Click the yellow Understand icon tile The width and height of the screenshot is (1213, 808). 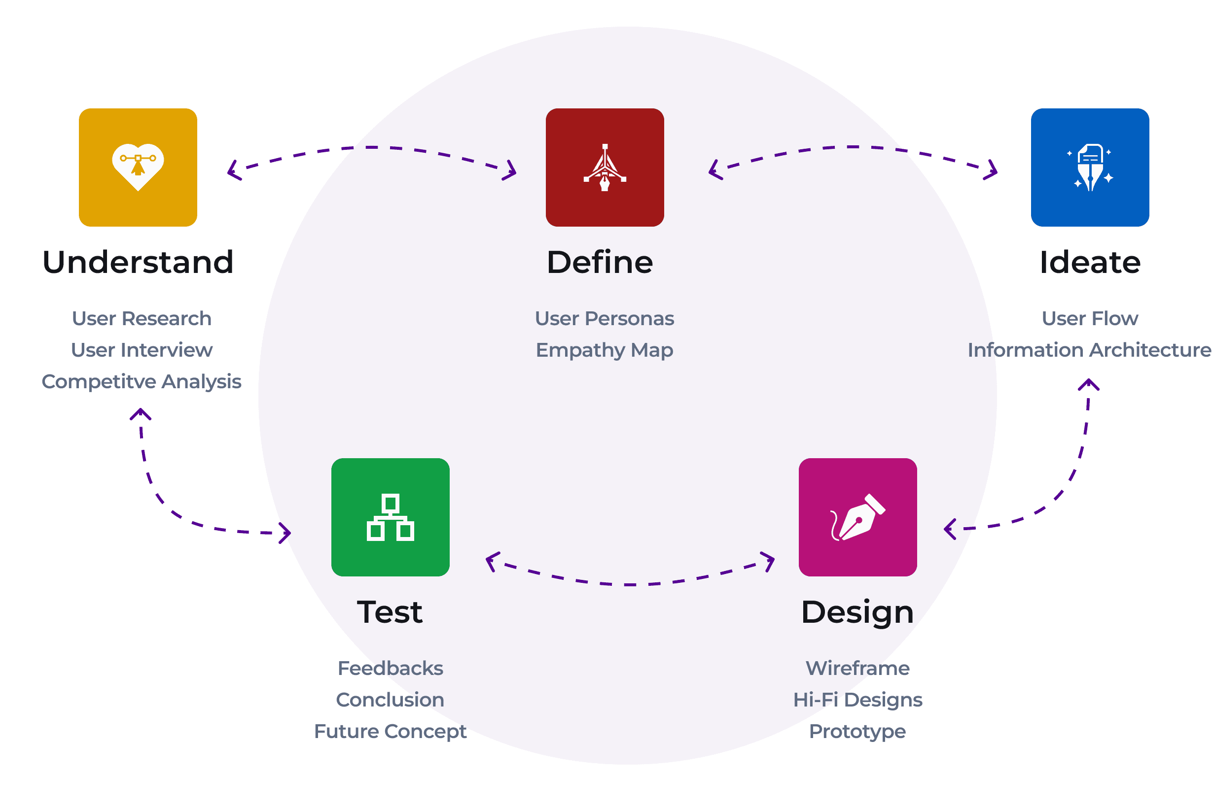point(138,168)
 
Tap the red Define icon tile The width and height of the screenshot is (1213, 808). point(605,168)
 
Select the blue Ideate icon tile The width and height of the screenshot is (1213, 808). point(1090,168)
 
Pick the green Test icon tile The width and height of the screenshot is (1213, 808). point(391,517)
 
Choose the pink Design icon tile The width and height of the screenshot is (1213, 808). point(857,517)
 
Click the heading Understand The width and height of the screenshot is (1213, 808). point(138,262)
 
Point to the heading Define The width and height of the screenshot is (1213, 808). point(600,262)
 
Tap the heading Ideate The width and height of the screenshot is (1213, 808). point(1090,262)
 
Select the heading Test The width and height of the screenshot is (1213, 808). point(390,612)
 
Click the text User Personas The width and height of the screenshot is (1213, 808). point(605,318)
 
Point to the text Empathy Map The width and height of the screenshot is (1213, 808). point(605,350)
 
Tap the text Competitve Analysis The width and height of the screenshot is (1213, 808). point(142,381)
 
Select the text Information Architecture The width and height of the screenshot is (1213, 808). point(1089,350)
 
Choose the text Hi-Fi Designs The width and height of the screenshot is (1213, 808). point(857,700)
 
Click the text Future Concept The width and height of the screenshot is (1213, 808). point(391,731)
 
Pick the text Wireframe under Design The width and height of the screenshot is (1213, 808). point(857,669)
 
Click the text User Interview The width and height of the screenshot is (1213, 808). point(142,350)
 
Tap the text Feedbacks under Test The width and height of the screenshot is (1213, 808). point(391,669)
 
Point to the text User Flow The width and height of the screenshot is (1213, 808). point(1090,318)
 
